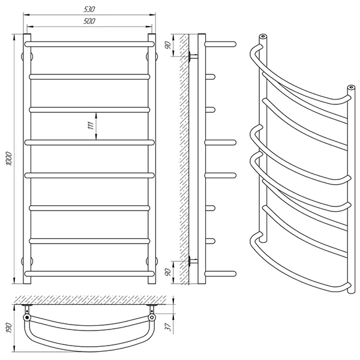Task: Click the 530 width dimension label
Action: [89, 10]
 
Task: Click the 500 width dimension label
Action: [89, 22]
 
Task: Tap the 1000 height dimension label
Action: [9, 158]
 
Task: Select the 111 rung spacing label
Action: [91, 125]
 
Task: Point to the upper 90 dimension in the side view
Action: [168, 45]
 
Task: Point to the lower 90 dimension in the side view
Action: [168, 272]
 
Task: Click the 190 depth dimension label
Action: [9, 328]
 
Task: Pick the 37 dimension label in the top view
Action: [169, 327]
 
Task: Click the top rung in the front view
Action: [89, 44]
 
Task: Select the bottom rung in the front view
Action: [89, 274]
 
